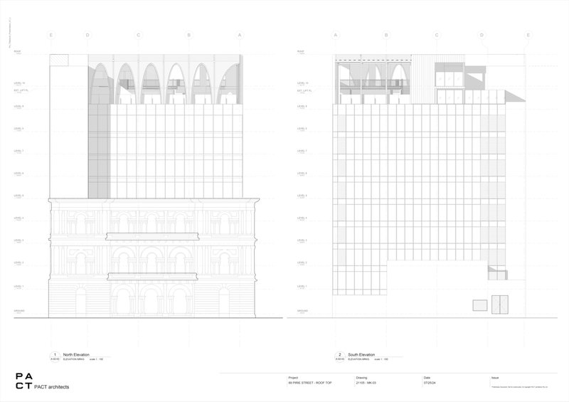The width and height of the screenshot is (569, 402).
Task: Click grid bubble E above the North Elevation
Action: coord(50,35)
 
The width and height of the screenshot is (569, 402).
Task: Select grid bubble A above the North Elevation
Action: coord(240,35)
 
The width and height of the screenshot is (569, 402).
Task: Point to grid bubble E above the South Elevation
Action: coord(528,35)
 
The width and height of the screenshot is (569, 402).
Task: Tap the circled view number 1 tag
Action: coord(55,354)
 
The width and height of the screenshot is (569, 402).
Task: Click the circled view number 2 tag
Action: coord(339,354)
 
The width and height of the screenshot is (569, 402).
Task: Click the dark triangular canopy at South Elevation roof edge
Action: coord(511,93)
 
